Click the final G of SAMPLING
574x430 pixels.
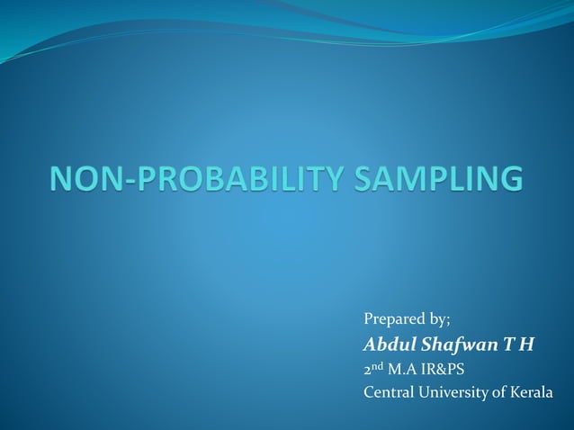pos(508,178)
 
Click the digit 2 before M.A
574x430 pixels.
pos(367,369)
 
